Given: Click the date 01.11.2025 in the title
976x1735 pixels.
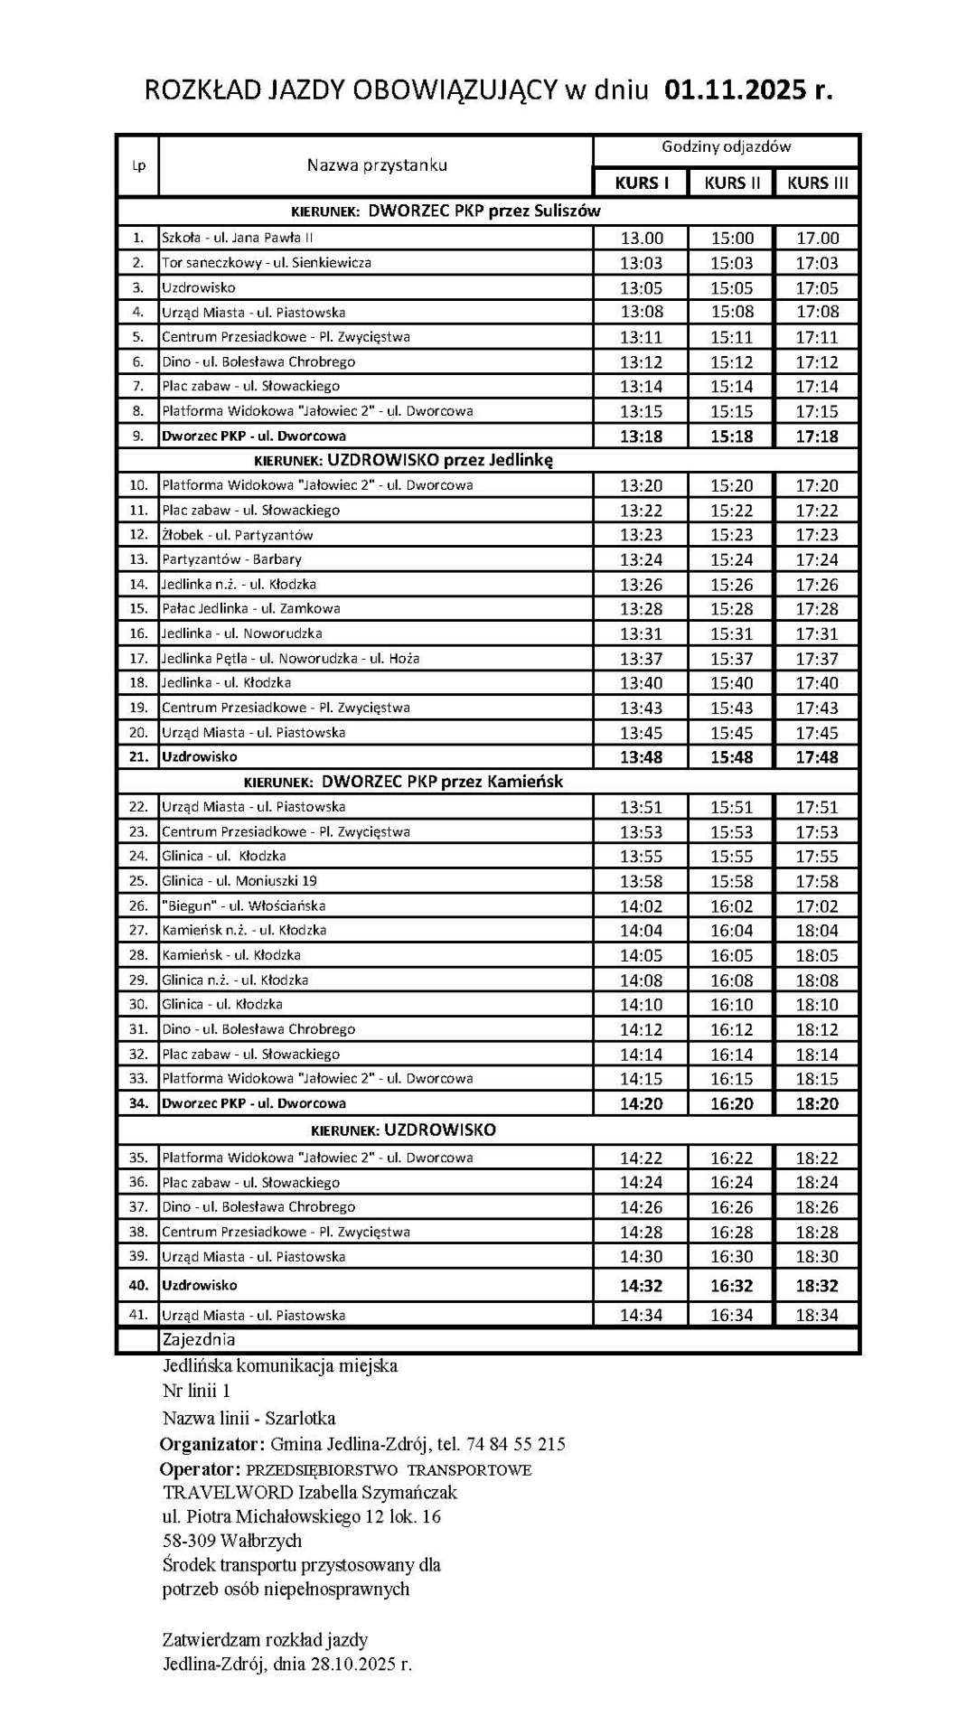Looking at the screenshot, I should [x=734, y=90].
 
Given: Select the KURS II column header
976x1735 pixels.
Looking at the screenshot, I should [x=732, y=183].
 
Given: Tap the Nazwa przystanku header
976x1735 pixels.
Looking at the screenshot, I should [x=377, y=165].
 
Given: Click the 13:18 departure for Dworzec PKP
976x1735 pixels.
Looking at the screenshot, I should [x=641, y=436].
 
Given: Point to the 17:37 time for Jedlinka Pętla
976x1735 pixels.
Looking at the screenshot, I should [x=817, y=659].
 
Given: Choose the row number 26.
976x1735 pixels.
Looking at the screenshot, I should [x=138, y=905].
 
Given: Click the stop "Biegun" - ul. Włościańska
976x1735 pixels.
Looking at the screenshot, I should [x=244, y=905].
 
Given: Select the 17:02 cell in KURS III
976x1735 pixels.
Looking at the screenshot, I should [x=817, y=906].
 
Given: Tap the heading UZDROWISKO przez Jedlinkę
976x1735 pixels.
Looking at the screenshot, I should [x=440, y=460].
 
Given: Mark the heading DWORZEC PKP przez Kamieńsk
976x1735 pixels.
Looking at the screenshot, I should [x=442, y=782].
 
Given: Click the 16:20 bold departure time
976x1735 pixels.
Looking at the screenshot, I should [x=731, y=1103].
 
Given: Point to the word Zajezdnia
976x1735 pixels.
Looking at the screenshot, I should [x=198, y=1339].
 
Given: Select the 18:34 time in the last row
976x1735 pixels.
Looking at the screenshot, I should [x=817, y=1316].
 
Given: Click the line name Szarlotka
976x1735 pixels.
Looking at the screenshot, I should [x=300, y=1418].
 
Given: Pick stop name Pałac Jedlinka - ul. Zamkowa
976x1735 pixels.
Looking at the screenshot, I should [x=251, y=609].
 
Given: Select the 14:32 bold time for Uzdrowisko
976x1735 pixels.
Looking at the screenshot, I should [x=641, y=1286].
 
